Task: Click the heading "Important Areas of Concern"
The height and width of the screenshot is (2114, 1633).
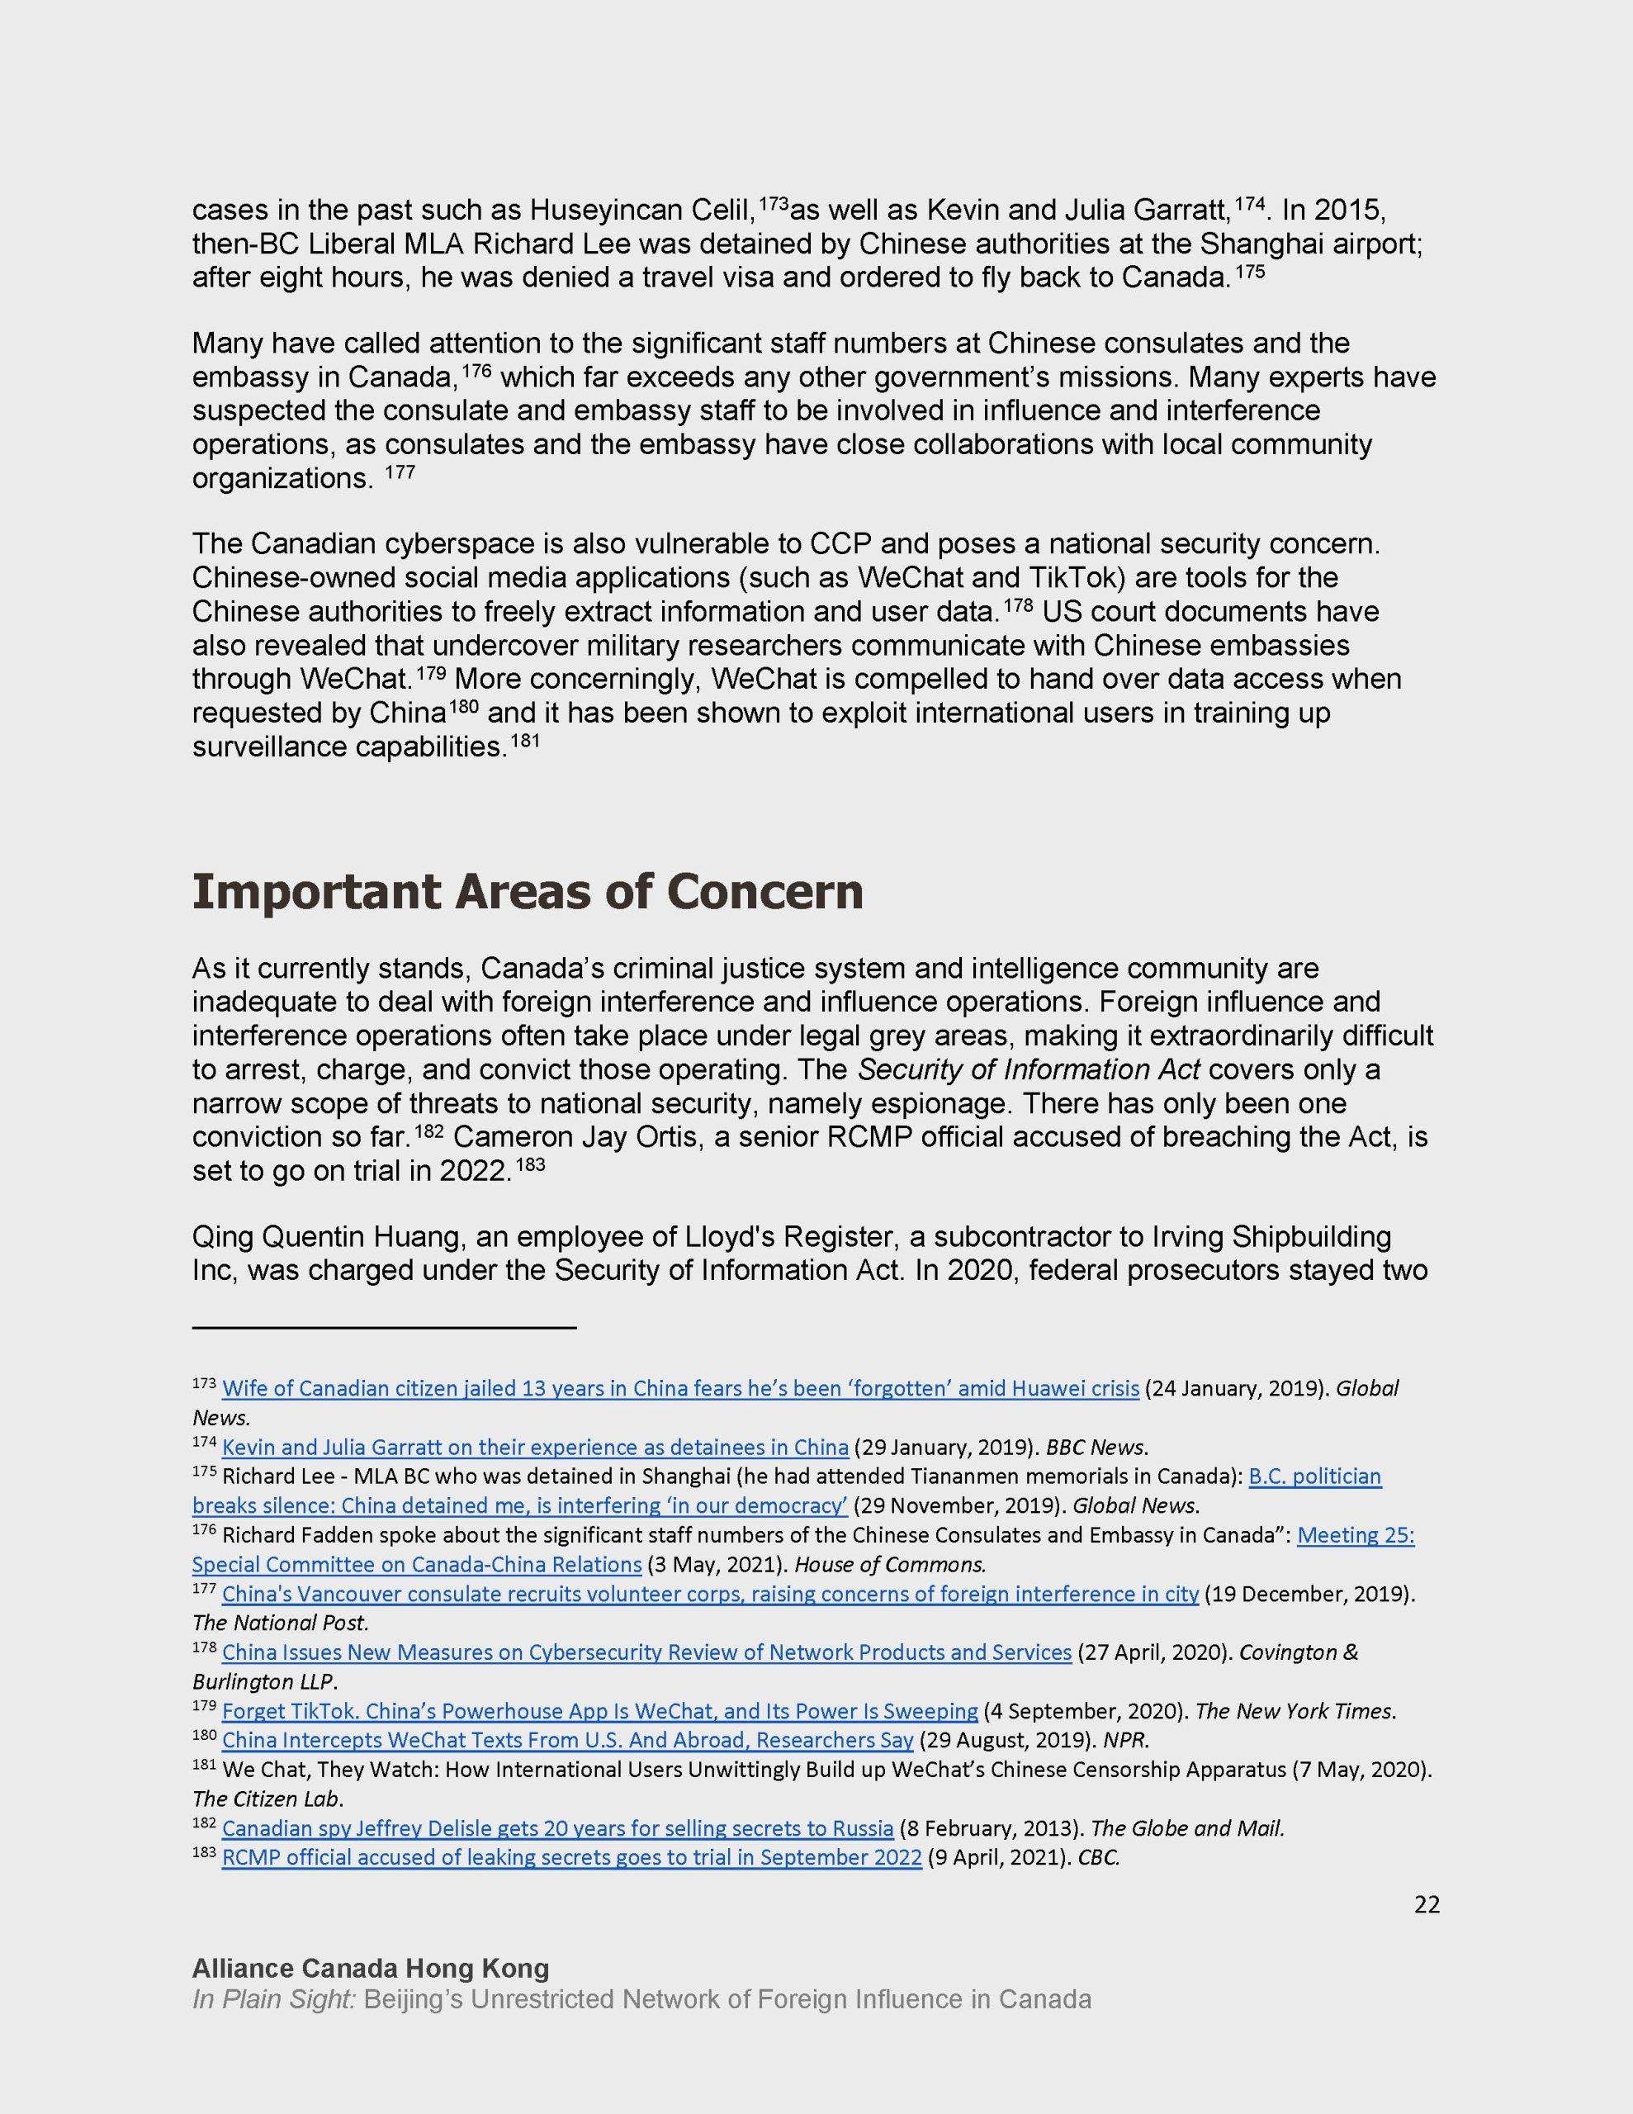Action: click(527, 892)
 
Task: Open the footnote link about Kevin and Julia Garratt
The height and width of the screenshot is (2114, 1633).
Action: click(534, 1447)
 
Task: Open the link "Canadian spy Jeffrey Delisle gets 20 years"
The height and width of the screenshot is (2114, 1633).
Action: click(556, 1828)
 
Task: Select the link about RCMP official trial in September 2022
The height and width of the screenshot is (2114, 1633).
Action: click(571, 1857)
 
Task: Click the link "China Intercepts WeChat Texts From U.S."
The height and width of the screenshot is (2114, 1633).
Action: click(567, 1739)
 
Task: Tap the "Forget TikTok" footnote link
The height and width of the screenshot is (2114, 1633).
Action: click(599, 1710)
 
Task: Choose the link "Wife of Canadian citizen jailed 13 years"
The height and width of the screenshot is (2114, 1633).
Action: click(679, 1389)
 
